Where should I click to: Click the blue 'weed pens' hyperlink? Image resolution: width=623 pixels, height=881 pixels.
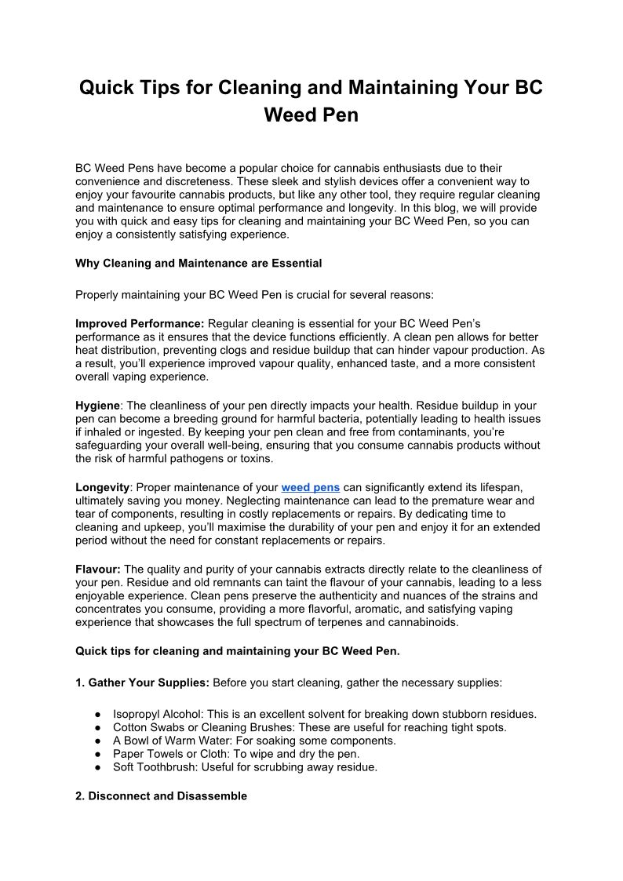click(x=310, y=487)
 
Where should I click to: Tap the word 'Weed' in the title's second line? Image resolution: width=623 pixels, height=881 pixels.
click(x=287, y=115)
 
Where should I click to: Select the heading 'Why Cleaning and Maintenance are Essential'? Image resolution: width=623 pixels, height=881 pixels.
click(x=199, y=264)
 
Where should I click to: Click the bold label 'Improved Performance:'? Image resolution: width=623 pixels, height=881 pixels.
click(x=140, y=323)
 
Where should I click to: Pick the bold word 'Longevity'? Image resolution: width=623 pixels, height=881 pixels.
click(x=102, y=487)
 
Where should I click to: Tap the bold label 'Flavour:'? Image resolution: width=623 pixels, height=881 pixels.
click(x=98, y=569)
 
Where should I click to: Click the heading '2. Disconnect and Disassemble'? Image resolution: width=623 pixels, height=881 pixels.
click(x=161, y=795)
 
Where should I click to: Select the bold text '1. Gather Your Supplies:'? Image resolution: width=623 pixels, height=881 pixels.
click(x=142, y=683)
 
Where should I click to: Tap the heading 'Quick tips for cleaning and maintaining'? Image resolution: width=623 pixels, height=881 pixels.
click(x=196, y=650)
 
